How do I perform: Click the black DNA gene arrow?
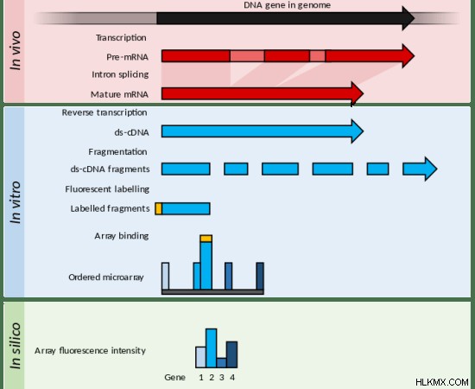(x=285, y=18)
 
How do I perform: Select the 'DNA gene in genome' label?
(x=288, y=5)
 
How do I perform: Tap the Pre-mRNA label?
(x=127, y=57)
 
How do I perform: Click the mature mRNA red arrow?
(x=263, y=93)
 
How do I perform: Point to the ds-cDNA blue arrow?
(x=263, y=131)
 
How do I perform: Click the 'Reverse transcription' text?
(x=104, y=112)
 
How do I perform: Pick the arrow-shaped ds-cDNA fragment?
(x=420, y=169)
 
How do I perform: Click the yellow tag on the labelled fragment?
(x=158, y=209)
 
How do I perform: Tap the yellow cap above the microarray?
(x=206, y=239)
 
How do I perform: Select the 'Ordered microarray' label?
(x=106, y=277)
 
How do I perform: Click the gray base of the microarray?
(x=212, y=292)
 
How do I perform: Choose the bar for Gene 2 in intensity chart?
(x=211, y=348)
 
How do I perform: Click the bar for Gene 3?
(x=221, y=363)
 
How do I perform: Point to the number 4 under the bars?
(x=232, y=378)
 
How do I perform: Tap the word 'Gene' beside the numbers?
(x=174, y=378)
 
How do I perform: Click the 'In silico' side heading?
(x=16, y=346)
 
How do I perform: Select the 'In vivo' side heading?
(x=16, y=51)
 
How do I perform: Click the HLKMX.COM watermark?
(x=442, y=382)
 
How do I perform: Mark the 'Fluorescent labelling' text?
(x=107, y=189)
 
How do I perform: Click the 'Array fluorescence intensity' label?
(x=90, y=351)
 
